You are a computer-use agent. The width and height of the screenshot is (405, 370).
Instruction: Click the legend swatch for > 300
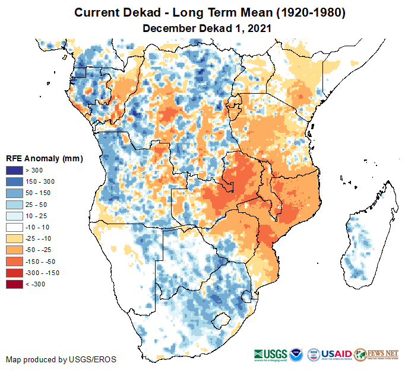pyautogui.click(x=14, y=171)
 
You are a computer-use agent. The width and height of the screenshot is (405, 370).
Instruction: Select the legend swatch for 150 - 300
pyautogui.click(x=14, y=182)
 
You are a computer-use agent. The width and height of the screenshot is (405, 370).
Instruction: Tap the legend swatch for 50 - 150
pyautogui.click(x=14, y=193)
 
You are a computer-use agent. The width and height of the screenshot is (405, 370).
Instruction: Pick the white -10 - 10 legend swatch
pyautogui.click(x=14, y=227)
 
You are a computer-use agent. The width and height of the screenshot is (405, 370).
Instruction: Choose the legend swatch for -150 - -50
pyautogui.click(x=14, y=261)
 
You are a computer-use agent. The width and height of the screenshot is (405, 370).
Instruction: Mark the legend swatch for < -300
pyautogui.click(x=14, y=284)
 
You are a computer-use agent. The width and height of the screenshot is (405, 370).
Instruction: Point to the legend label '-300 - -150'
pyautogui.click(x=43, y=273)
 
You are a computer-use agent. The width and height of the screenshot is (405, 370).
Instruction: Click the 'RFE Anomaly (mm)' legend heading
pyautogui.click(x=44, y=159)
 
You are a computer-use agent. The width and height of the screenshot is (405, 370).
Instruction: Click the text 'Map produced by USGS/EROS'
pyautogui.click(x=61, y=359)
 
